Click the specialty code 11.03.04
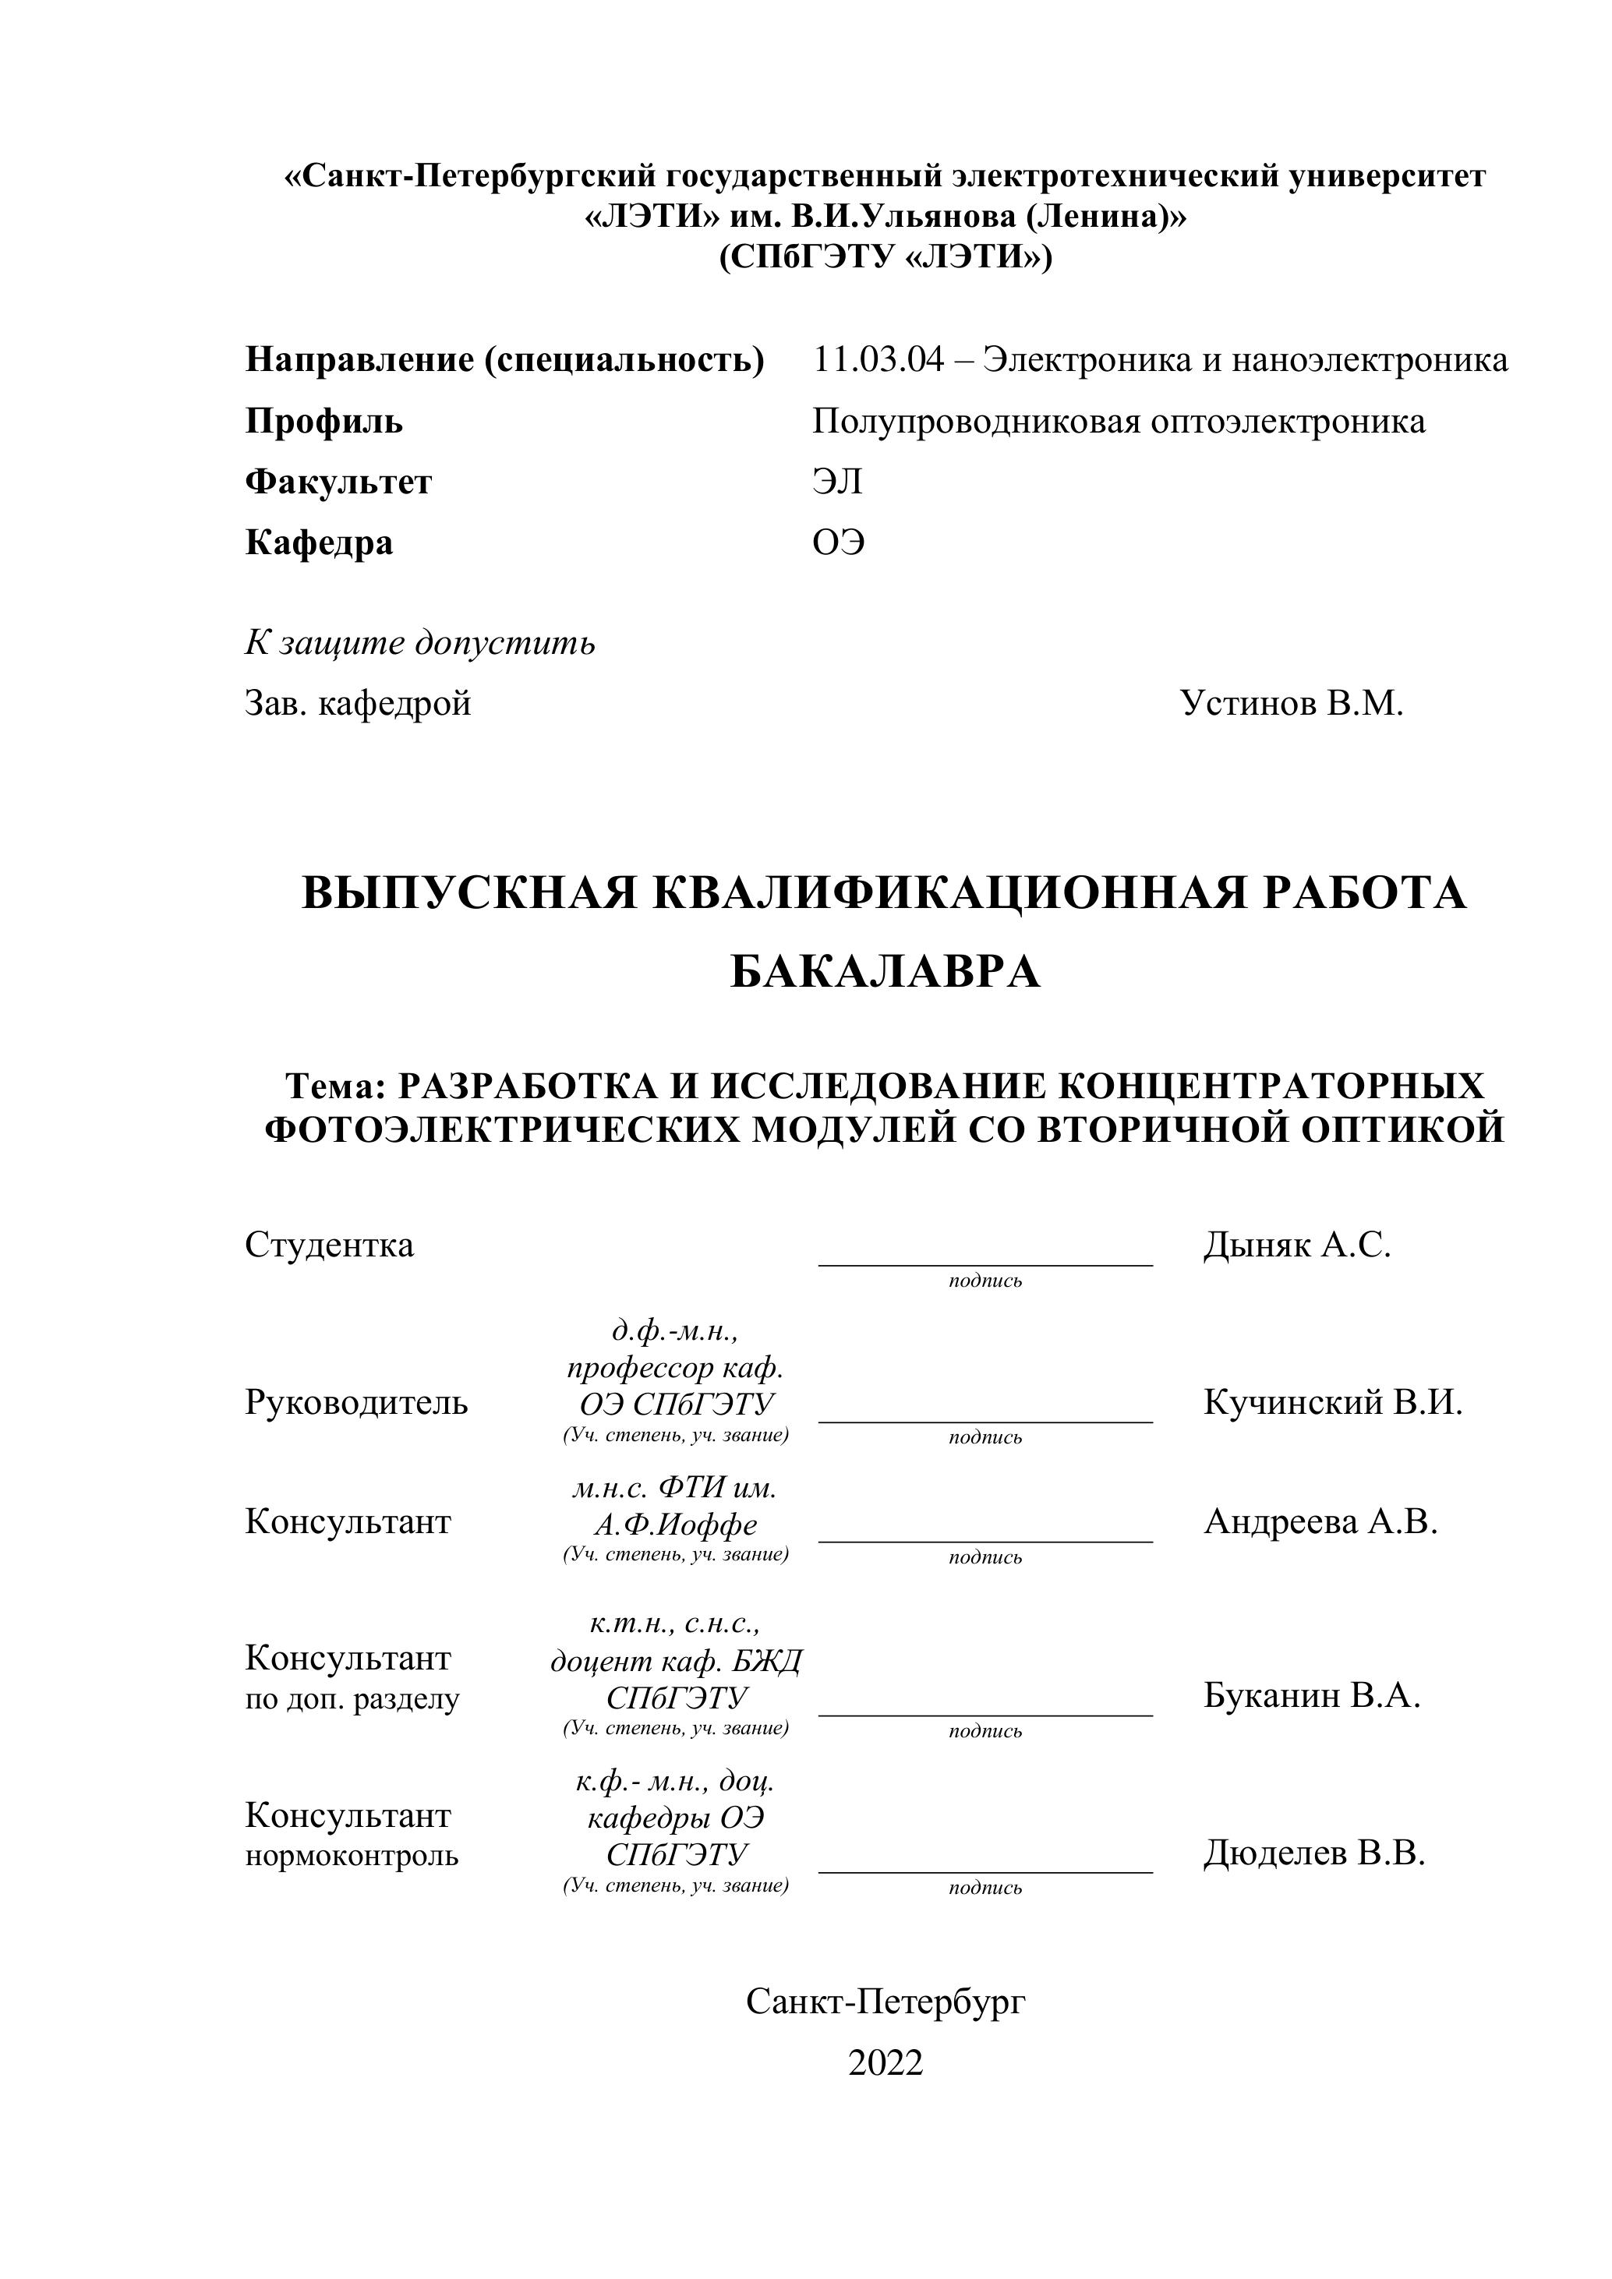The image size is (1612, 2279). [x=878, y=359]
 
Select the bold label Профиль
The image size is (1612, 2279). [x=323, y=422]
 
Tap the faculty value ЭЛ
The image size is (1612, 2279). [x=836, y=482]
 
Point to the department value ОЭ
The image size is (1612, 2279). [x=838, y=543]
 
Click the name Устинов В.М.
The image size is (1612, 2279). [x=1292, y=704]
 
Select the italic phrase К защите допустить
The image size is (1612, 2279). [x=420, y=643]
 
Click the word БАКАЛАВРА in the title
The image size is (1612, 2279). [x=885, y=973]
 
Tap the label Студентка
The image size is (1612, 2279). [x=328, y=1245]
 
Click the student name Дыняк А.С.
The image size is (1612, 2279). [x=1296, y=1245]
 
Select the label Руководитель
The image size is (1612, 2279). [x=356, y=1402]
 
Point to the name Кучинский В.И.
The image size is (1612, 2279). [x=1332, y=1402]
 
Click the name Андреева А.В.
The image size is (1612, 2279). [x=1320, y=1521]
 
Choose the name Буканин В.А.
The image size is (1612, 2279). [x=1311, y=1695]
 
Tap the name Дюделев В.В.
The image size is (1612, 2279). [x=1314, y=1852]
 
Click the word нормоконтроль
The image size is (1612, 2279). [x=352, y=1855]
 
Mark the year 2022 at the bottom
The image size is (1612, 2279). [x=886, y=2062]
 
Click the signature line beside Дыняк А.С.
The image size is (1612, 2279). [x=985, y=1263]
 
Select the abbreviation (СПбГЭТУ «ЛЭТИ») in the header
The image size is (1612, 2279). [x=885, y=257]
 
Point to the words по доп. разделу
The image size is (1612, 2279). [x=352, y=1699]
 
